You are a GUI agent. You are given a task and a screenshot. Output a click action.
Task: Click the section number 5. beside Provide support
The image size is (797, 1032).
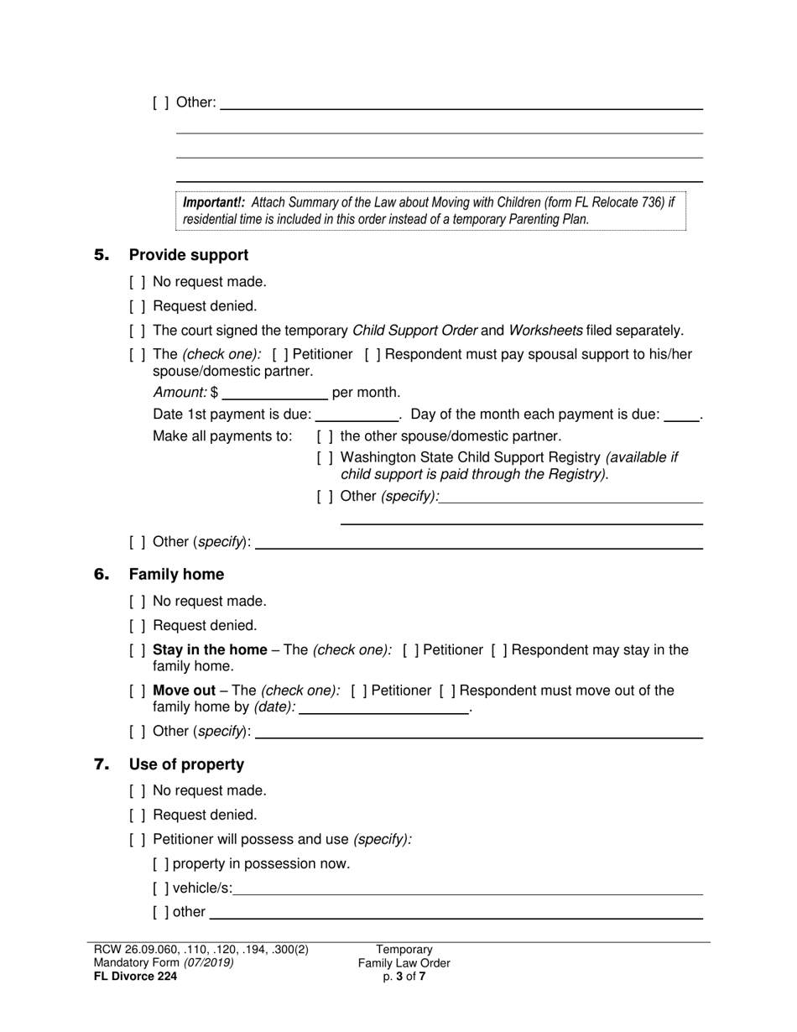pyautogui.click(x=102, y=255)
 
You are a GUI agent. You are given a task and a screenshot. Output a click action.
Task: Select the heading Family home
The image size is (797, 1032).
pyautogui.click(x=176, y=575)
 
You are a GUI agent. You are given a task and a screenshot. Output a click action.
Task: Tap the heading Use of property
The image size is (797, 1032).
pyautogui.click(x=186, y=764)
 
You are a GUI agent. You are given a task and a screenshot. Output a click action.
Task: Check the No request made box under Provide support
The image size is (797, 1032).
pyautogui.click(x=138, y=283)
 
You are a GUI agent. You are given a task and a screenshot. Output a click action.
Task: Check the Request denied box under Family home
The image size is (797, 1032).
pyautogui.click(x=138, y=626)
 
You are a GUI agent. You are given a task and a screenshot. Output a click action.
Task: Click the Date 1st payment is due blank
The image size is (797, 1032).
pyautogui.click(x=357, y=414)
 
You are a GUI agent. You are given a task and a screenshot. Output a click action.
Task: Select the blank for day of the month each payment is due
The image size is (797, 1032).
pyautogui.click(x=681, y=414)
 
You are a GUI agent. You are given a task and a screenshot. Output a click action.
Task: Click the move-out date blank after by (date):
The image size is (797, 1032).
pyautogui.click(x=384, y=707)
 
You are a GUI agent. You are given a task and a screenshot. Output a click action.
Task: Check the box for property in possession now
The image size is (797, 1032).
pyautogui.click(x=161, y=864)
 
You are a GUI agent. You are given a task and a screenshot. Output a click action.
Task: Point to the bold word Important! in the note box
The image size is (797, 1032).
pyautogui.click(x=214, y=203)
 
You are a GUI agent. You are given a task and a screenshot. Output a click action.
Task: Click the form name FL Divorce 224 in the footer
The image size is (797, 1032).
pyautogui.click(x=135, y=976)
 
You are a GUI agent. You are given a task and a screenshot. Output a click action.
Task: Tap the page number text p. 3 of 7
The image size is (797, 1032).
pyautogui.click(x=404, y=976)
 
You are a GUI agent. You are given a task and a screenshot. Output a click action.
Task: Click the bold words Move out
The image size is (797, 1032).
pyautogui.click(x=184, y=691)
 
